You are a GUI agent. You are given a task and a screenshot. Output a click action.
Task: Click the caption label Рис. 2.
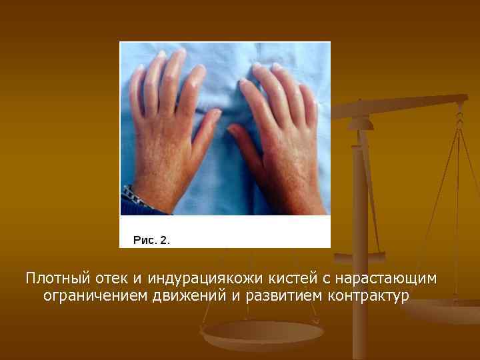[151, 240]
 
